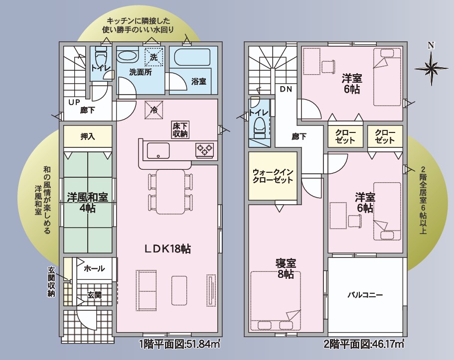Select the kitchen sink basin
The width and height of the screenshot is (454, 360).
(158, 151)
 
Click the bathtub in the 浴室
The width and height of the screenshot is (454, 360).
(192, 58)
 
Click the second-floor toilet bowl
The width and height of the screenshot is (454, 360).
(259, 127)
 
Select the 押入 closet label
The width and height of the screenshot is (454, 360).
(87, 136)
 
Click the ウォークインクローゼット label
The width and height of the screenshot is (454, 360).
(273, 176)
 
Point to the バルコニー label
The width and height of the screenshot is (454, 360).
(365, 295)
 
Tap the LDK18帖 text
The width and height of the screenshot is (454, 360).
(167, 248)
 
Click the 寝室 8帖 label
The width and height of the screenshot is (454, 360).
(286, 268)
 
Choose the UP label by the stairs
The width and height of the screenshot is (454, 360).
(74, 102)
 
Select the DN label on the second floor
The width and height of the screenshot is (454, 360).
(286, 89)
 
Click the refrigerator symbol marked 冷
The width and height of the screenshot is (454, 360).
(154, 110)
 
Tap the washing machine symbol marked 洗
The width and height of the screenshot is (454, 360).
(154, 57)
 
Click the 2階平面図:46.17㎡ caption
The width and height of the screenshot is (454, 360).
(364, 345)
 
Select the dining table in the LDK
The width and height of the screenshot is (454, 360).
(170, 191)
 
